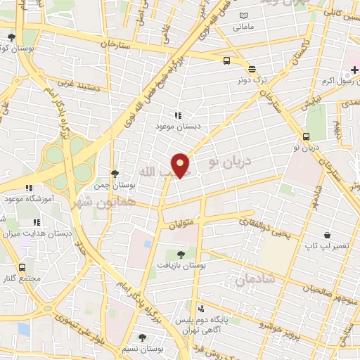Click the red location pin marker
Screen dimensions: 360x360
click(x=181, y=165)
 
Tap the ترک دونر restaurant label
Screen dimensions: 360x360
click(x=251, y=80)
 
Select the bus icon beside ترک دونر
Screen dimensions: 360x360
click(x=226, y=61)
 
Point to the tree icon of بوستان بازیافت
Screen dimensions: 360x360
click(x=181, y=255)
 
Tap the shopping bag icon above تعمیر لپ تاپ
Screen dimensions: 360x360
click(x=327, y=235)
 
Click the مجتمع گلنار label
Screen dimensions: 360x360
click(x=22, y=278)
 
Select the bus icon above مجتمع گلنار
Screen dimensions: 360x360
click(x=22, y=267)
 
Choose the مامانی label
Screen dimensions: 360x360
click(x=243, y=27)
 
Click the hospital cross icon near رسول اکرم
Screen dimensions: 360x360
click(x=354, y=70)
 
